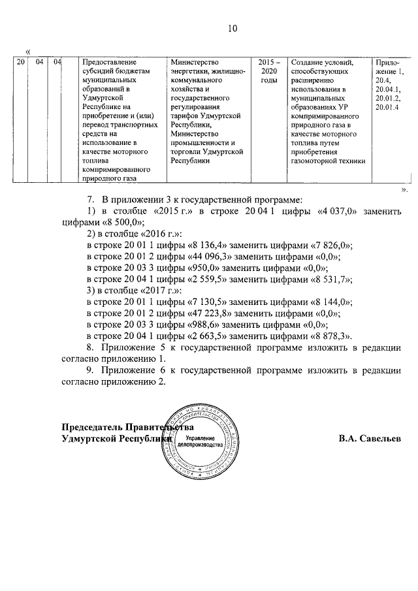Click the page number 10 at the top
(x=232, y=28)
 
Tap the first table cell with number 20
(x=21, y=63)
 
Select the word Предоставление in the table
(x=112, y=63)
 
